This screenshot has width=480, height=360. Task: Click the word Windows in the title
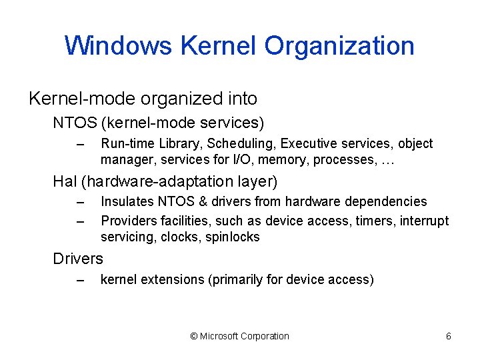point(118,46)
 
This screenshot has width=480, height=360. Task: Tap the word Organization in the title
point(339,46)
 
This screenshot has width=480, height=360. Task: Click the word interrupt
point(425,220)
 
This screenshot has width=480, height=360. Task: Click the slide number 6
point(449,336)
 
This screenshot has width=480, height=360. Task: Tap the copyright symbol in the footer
point(194,336)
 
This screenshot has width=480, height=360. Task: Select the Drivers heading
point(78,258)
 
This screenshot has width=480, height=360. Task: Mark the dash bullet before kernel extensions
point(82,280)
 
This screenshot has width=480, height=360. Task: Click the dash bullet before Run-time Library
point(82,144)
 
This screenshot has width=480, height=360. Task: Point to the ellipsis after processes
point(389,160)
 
